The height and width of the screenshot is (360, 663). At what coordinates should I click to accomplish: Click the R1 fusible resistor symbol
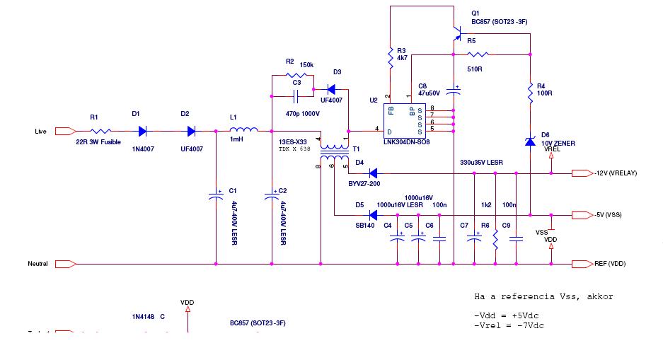pos(100,131)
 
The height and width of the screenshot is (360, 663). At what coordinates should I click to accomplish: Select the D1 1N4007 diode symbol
pos(142,131)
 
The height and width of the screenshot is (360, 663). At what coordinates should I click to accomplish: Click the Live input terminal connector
pos(64,131)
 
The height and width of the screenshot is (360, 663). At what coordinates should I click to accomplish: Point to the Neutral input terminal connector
pos(64,264)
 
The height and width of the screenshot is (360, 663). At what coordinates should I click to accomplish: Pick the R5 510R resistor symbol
pos(478,54)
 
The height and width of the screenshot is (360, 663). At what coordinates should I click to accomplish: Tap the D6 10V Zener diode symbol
pos(530,141)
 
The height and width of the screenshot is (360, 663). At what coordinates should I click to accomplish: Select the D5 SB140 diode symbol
pos(372,215)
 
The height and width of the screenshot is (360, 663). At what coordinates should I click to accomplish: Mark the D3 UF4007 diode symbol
pos(330,90)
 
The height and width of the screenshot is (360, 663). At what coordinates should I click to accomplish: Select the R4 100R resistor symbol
pos(530,92)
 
